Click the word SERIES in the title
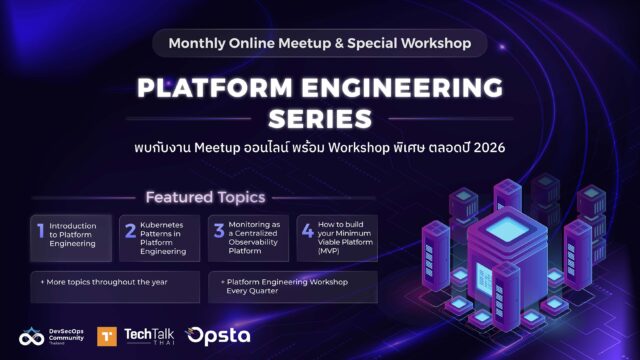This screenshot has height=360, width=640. click(320, 119)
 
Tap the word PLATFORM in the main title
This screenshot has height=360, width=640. click(215, 87)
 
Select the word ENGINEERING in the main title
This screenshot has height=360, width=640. click(403, 87)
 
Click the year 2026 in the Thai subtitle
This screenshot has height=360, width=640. click(489, 147)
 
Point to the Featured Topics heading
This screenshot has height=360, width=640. click(205, 198)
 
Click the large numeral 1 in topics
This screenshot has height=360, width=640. click(40, 231)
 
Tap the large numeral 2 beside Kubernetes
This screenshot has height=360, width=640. click(130, 231)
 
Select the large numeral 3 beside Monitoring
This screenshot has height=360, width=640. click(219, 231)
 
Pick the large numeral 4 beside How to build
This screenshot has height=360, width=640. click(308, 231)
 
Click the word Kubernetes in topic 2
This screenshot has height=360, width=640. click(162, 225)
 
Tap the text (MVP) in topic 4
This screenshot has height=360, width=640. click(328, 251)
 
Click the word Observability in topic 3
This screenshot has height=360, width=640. click(253, 242)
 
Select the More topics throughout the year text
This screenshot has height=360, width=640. click(104, 282)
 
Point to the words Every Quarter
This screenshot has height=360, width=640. click(252, 291)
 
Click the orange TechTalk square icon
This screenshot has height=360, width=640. click(107, 336)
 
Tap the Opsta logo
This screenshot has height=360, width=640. click(218, 336)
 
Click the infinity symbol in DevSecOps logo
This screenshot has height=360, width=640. click(31, 338)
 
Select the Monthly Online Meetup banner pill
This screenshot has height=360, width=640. click(320, 43)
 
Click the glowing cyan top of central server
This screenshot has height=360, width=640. click(507, 229)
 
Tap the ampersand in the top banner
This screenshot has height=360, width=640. click(339, 43)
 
